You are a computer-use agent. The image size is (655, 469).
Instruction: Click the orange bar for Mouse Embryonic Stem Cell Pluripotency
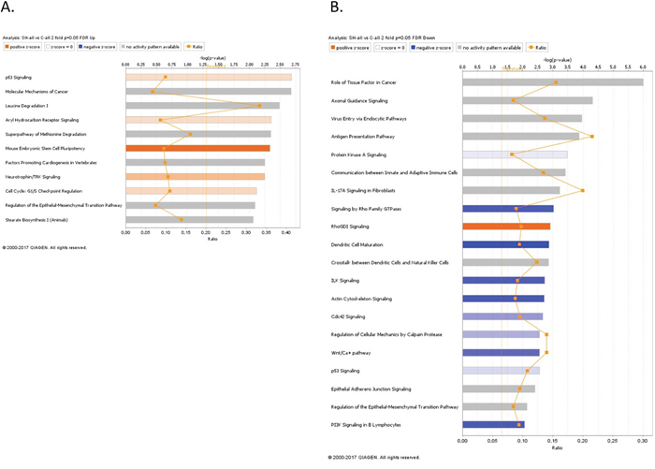pyautogui.click(x=197, y=148)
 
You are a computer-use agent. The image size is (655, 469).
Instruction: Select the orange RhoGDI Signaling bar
pyautogui.click(x=505, y=227)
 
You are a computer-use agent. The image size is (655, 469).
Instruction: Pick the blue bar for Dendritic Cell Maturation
pyautogui.click(x=504, y=244)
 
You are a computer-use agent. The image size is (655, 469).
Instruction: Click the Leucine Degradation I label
pyautogui.click(x=26, y=106)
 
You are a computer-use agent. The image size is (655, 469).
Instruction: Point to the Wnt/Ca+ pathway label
pyautogui.click(x=351, y=353)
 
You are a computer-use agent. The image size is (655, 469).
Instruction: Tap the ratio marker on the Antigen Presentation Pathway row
pyautogui.click(x=592, y=137)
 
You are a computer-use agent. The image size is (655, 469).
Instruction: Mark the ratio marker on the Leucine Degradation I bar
pyautogui.click(x=259, y=106)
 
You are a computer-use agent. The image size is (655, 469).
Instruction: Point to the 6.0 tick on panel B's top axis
pyautogui.click(x=643, y=67)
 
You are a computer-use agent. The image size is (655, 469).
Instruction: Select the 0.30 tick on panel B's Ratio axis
pyautogui.click(x=643, y=440)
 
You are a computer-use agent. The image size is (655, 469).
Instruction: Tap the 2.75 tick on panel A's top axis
pyautogui.click(x=295, y=65)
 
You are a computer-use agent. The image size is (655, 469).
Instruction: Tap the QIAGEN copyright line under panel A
pyautogui.click(x=45, y=247)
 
